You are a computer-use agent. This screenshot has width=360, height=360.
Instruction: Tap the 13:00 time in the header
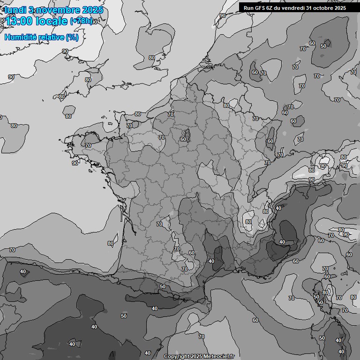[x=19, y=22]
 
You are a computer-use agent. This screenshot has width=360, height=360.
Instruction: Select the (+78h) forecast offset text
[x=81, y=21]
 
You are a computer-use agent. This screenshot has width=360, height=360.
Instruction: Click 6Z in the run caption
[x=271, y=8]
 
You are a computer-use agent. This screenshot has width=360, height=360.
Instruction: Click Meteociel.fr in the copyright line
[x=218, y=357]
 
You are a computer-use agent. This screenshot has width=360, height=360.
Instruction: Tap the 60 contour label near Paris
[x=183, y=139]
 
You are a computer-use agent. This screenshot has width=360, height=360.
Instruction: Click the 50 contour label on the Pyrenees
[x=163, y=286]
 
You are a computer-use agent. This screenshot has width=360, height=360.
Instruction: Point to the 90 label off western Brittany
[x=75, y=163]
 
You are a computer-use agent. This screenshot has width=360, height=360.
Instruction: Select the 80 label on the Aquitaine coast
[x=111, y=243]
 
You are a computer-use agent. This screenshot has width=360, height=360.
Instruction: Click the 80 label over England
[x=151, y=58]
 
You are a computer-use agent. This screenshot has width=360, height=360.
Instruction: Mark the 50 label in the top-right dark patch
[x=323, y=46]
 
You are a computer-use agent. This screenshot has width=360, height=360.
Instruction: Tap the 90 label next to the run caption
[x=222, y=15]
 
